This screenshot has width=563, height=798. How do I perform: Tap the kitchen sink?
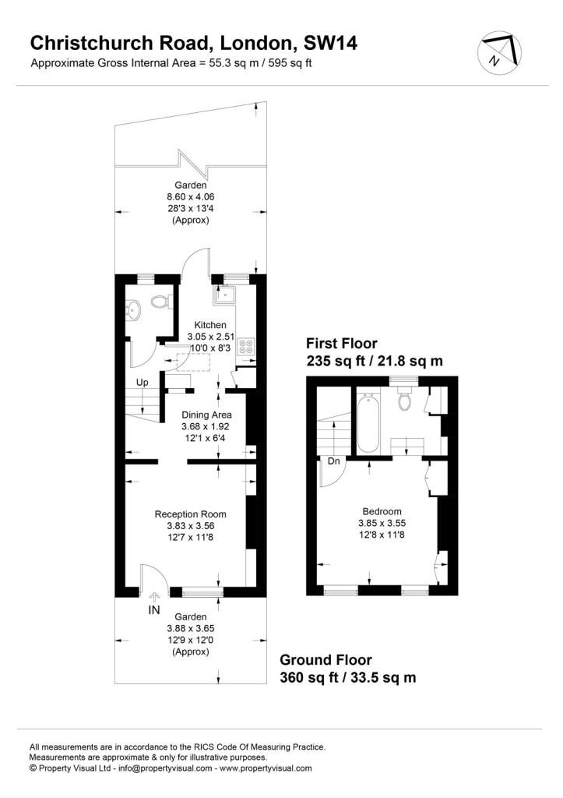[x=227, y=293]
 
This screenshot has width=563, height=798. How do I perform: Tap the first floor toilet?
[x=404, y=400]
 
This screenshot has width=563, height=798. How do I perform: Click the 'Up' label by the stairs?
[x=143, y=383]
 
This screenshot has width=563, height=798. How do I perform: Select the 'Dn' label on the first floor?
[x=333, y=461]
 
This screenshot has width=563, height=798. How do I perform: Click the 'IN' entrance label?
[x=153, y=610]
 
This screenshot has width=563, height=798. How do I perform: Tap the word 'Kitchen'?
[x=210, y=325]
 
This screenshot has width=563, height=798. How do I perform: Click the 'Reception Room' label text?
[x=190, y=514]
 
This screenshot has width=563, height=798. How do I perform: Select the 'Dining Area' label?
[x=206, y=415]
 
